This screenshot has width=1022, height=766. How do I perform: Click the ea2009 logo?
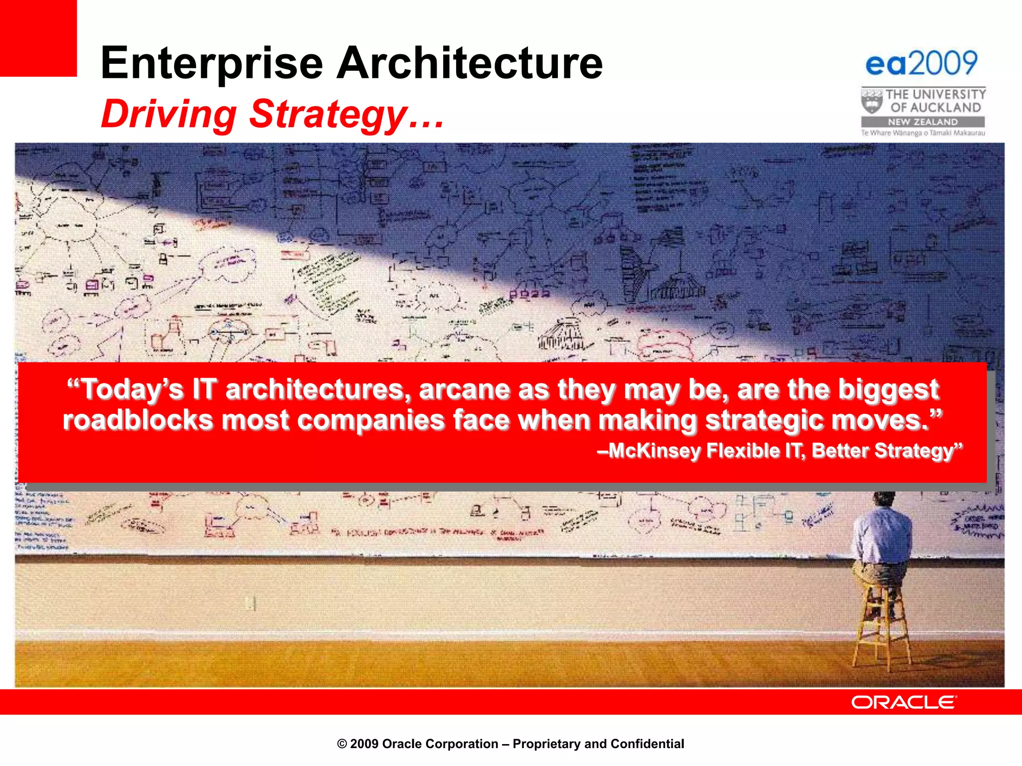[921, 64]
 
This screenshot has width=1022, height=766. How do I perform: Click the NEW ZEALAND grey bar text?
[922, 122]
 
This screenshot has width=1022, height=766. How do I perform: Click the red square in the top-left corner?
[38, 38]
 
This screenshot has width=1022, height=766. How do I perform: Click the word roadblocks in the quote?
[138, 420]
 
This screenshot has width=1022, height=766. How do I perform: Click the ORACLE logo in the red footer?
[903, 702]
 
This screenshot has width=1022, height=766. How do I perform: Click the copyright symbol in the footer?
[342, 744]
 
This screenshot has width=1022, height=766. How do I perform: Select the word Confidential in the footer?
[647, 744]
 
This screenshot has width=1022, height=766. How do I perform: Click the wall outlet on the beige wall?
[252, 603]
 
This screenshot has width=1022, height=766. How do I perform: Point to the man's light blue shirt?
[882, 536]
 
